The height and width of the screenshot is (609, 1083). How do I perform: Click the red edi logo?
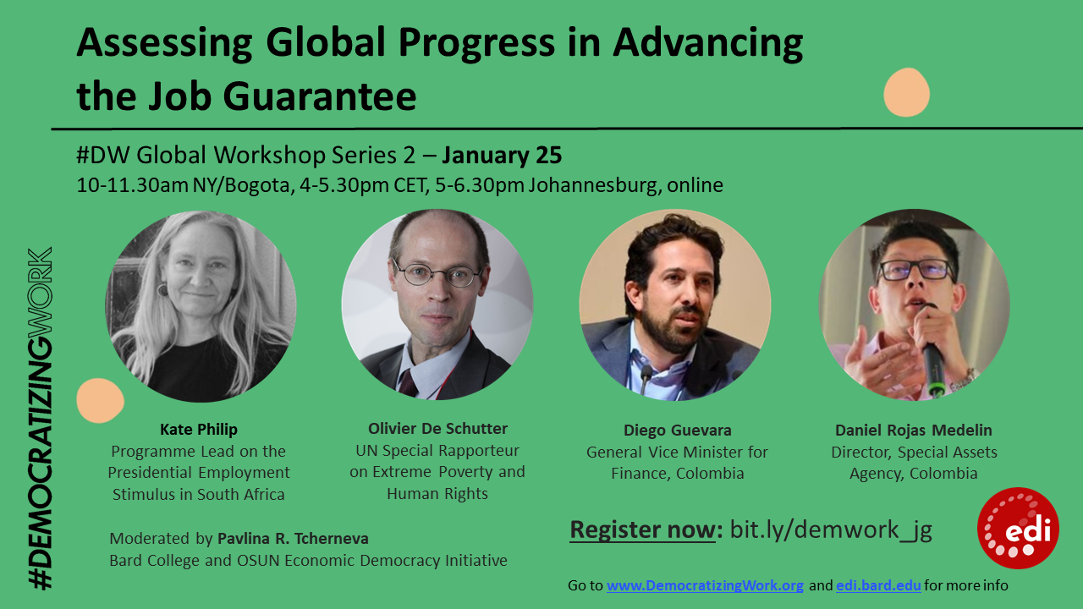tap(1018, 528)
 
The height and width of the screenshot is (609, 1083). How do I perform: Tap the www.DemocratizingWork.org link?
tap(705, 585)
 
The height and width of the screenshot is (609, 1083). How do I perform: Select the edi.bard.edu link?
tap(878, 585)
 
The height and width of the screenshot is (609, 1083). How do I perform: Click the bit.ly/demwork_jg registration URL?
tap(831, 529)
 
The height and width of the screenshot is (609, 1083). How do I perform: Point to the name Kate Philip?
tap(199, 429)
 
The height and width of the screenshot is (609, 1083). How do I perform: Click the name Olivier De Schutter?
tap(437, 428)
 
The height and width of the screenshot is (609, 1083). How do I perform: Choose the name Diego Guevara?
tap(677, 429)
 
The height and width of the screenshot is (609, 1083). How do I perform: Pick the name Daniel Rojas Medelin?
tap(914, 430)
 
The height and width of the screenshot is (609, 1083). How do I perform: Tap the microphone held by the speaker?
tap(932, 364)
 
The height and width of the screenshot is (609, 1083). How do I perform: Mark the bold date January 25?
tap(502, 156)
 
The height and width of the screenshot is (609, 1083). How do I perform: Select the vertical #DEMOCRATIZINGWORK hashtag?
tap(39, 419)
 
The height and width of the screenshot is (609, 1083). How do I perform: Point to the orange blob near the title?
tap(906, 92)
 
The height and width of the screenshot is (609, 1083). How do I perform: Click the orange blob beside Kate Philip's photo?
tap(100, 400)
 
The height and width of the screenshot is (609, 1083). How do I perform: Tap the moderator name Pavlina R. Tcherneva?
tap(293, 539)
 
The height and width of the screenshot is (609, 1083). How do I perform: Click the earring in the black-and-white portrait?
tap(162, 289)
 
